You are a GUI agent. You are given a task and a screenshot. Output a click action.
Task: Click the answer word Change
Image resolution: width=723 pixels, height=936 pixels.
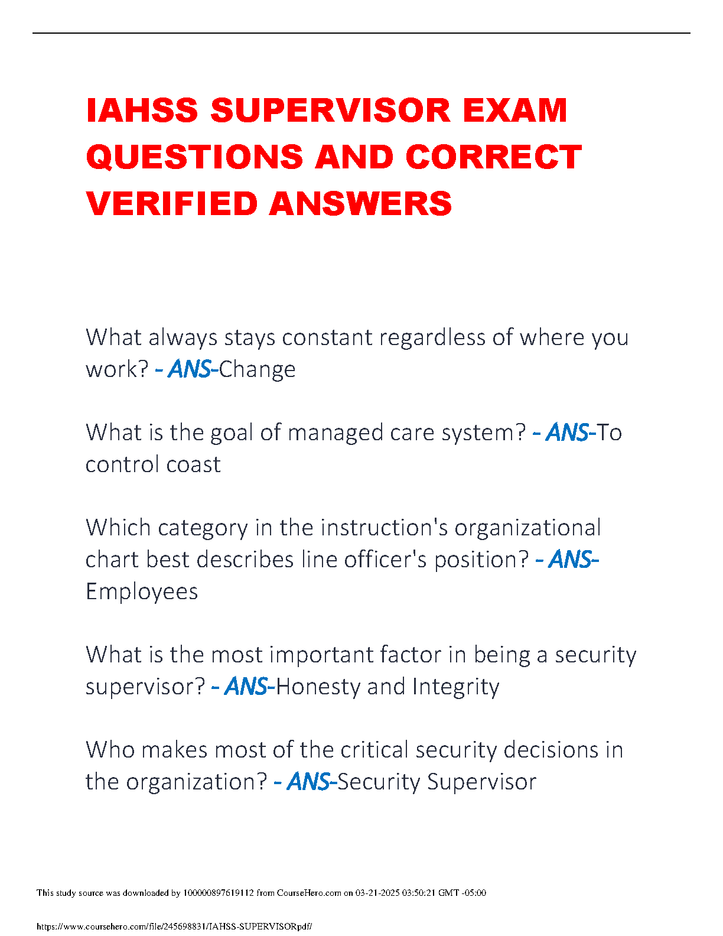coord(257,369)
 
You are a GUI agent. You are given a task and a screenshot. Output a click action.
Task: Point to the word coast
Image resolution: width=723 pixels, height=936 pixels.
coord(193,464)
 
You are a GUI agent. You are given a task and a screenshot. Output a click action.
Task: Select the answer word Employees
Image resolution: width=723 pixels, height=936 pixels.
coord(142,591)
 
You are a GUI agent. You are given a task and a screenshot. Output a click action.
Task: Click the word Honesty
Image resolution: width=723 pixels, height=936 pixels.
coord(318,687)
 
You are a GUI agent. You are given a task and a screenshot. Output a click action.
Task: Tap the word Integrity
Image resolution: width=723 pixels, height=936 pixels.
coord(455,687)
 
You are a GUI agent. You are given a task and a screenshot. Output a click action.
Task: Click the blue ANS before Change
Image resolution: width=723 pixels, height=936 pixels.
coord(190,369)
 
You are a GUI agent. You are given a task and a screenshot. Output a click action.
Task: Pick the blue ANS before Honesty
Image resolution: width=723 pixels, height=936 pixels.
coord(246,687)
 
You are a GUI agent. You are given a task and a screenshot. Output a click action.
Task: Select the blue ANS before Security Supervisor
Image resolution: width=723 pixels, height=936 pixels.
coord(308,782)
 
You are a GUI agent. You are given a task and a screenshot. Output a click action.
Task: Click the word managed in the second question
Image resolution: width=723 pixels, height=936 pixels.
coord(336,433)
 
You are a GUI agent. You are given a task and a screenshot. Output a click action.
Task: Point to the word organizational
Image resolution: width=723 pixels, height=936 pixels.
coord(527,528)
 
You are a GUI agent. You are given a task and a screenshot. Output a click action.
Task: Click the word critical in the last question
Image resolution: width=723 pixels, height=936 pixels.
coord(374,750)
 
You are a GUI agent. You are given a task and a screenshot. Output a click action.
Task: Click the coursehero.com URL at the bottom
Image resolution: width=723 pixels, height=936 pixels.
coord(174,926)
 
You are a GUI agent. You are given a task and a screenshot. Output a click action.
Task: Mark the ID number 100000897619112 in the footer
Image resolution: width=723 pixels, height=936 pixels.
coord(219,893)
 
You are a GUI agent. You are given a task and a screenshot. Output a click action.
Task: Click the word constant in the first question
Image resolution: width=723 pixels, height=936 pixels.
coord(327,337)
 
